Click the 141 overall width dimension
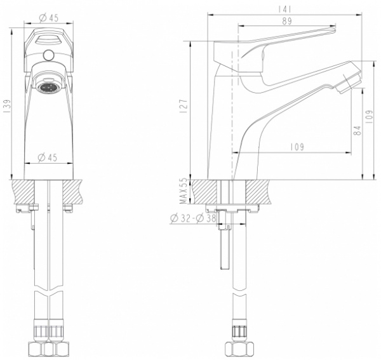[284, 10]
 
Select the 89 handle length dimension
[287, 21]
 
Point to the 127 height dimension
[184, 106]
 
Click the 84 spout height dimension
[358, 130]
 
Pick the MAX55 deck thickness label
[184, 191]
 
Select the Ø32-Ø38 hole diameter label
[193, 218]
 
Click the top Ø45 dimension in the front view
[49, 18]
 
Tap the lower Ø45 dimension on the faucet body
[48, 157]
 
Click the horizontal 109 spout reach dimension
[297, 147]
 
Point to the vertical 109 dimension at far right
[369, 117]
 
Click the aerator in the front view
[48, 87]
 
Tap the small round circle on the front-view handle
[48, 55]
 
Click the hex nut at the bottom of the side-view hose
[239, 349]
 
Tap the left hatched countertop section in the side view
[204, 192]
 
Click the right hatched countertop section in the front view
[72, 192]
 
